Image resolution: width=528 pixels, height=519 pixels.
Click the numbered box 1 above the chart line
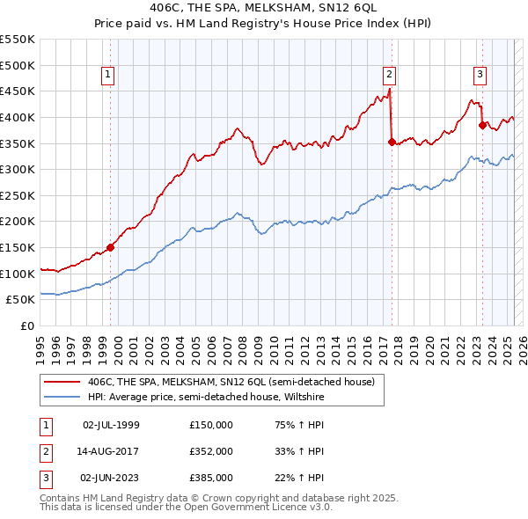tap(107, 75)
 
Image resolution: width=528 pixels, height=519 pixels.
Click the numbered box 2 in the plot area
tap(389, 75)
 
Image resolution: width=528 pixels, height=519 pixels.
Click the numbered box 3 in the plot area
tap(480, 75)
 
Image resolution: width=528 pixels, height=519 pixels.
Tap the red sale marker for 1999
tap(111, 247)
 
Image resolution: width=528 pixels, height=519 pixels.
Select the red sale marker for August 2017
tap(392, 141)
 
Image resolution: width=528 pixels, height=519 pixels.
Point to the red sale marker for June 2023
tap(482, 125)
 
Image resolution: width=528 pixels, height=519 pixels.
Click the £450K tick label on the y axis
tap(18, 91)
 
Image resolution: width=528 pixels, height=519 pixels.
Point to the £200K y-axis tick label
tap(18, 222)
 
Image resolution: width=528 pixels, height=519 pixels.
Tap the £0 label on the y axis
tap(26, 325)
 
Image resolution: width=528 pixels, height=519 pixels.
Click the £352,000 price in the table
tap(211, 451)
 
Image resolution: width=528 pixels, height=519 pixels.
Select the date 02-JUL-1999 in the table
tap(111, 425)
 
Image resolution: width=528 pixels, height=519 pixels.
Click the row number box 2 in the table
tap(45, 451)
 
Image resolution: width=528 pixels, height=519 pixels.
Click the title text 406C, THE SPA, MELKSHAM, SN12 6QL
tap(263, 9)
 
